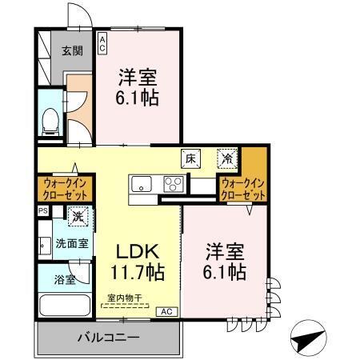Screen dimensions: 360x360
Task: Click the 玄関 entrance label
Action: point(72,50)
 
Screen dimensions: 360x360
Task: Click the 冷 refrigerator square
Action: point(228,158)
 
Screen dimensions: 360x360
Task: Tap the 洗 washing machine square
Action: point(78,215)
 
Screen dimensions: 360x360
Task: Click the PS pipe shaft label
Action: point(42,211)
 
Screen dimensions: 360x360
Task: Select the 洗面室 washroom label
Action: point(71,242)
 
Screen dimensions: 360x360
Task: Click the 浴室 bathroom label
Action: point(65,280)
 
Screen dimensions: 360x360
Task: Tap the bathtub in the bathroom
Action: point(65,307)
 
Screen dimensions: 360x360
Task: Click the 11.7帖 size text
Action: point(137,272)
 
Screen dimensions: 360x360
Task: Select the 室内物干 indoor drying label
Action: point(126,298)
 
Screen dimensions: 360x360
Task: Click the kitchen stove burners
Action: point(174,183)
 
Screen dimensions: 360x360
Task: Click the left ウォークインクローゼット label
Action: point(64,190)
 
